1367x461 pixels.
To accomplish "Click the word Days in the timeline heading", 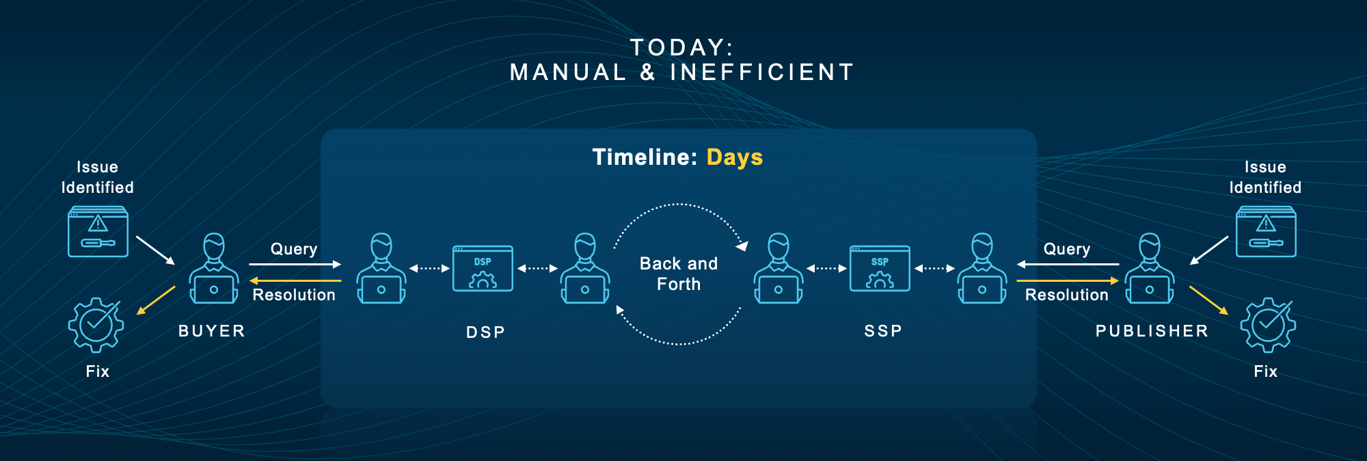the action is coord(735,158).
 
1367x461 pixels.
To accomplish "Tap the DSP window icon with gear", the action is coord(483,268).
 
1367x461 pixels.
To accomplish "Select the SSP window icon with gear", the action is coord(880,268).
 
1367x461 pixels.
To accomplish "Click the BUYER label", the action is coord(212,331).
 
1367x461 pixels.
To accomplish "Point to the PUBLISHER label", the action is coord(1152,331).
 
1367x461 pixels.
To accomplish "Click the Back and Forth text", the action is coord(679,274).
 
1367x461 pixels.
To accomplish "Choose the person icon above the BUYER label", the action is coord(214,268).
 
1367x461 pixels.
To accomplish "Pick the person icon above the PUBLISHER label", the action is coord(1150,268).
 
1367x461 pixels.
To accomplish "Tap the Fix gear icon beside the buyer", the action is coord(96,325).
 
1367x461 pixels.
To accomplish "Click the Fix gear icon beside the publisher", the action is coord(1268,325).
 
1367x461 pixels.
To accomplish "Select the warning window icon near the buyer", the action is coord(98,231).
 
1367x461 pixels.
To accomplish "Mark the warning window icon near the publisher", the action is coord(1266,231).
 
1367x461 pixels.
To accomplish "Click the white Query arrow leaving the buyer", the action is coord(295,264).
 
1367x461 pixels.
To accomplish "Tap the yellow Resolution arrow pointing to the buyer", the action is coord(295,280).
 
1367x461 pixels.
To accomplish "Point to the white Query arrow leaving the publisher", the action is coord(1068,264).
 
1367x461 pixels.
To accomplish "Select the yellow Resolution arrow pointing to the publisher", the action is coord(1068,280).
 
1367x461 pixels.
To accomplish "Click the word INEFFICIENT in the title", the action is coord(762,73).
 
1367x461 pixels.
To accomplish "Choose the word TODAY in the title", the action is coord(677,48).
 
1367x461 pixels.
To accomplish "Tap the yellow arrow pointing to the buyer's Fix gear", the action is coord(156,300).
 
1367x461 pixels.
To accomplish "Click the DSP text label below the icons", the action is coord(486,332).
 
